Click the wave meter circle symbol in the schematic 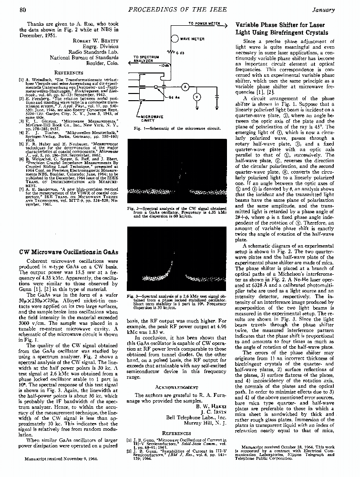pyautogui.click(x=174, y=39)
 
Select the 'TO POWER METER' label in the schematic pyautogui.click(x=204, y=23)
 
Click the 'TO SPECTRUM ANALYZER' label pyautogui.click(x=144, y=59)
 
